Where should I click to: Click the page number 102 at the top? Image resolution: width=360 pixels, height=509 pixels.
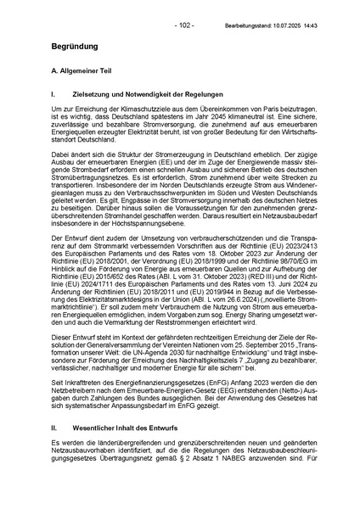pos(181,8)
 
